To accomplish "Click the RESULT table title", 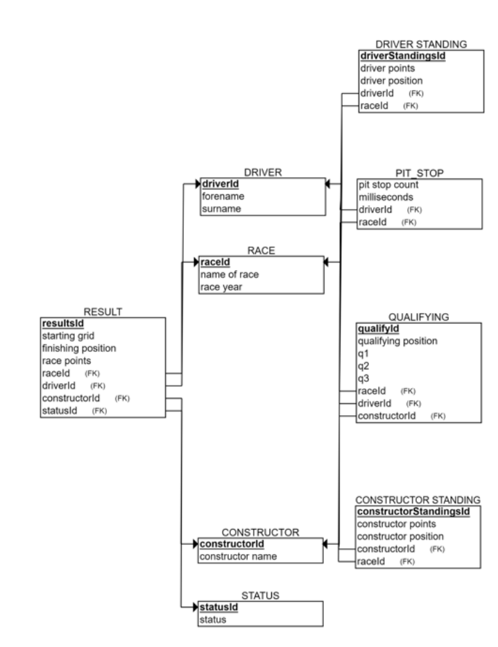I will point(103,312).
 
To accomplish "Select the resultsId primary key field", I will point(63,323).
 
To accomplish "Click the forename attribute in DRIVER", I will point(223,196).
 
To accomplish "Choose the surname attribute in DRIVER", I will point(222,208).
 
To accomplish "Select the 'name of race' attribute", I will point(230,275).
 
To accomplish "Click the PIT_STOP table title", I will point(420,174).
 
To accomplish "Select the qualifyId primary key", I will point(379,328).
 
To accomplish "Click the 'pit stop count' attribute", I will point(388,185).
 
